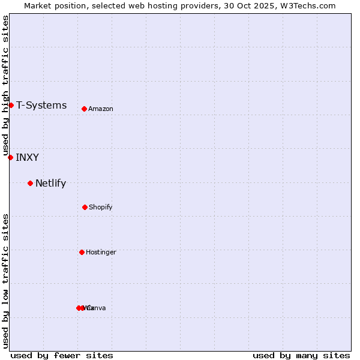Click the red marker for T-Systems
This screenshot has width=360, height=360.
[x=11, y=105]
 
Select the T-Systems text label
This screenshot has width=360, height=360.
[x=41, y=106]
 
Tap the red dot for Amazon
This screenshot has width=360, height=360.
[x=84, y=109]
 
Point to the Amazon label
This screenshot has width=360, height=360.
[x=100, y=109]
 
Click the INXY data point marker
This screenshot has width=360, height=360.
[x=10, y=157]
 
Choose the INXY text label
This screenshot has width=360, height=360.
[x=27, y=158]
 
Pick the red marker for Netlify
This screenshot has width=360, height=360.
[x=30, y=183]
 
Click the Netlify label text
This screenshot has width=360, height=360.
[x=50, y=184]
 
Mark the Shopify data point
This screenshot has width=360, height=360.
[x=85, y=207]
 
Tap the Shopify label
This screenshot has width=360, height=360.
[x=100, y=208]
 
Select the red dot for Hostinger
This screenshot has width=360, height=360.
[x=82, y=252]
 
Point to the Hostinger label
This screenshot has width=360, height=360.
[x=101, y=253]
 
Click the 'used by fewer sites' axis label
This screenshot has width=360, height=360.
[x=62, y=355]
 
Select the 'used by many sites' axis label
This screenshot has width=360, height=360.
[x=301, y=355]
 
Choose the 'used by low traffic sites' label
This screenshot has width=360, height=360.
[x=5, y=281]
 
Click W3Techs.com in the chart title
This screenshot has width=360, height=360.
[x=311, y=6]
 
